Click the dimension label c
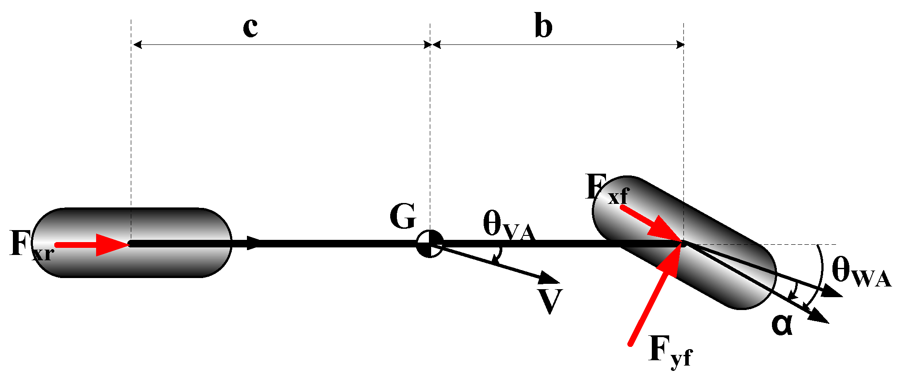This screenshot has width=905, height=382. coord(250,28)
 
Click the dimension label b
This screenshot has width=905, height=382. coord(543,28)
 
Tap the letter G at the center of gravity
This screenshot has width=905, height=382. coord(403,217)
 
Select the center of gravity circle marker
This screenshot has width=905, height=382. coord(430,243)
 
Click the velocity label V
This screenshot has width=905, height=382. coord(550,301)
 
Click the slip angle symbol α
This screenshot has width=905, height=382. coord(782,325)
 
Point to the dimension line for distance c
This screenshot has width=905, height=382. coord(280,44)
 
